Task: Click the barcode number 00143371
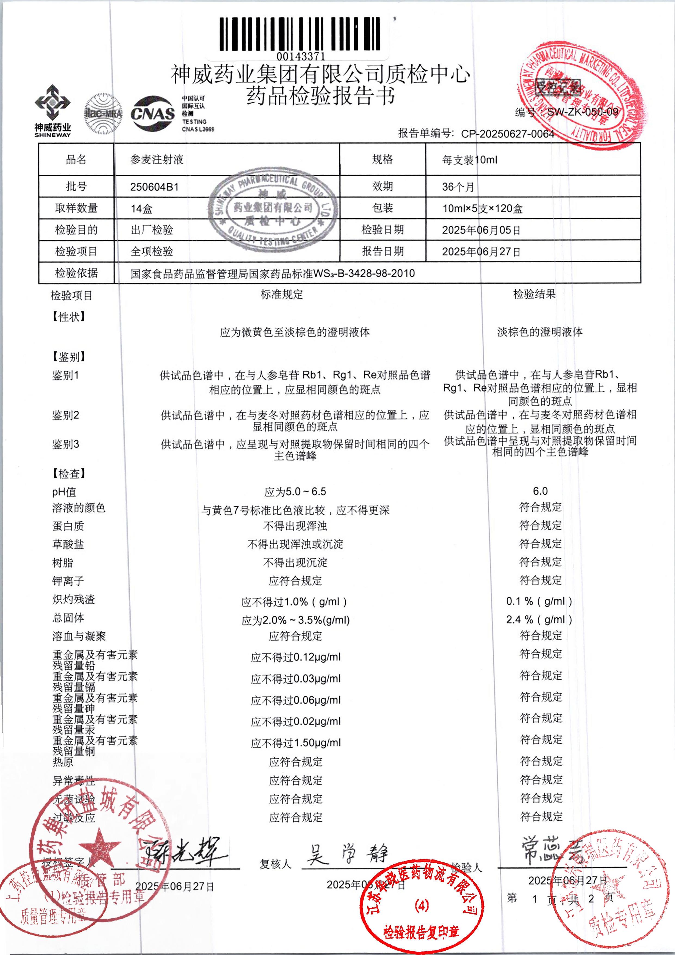tap(301, 56)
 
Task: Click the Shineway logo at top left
tap(53, 111)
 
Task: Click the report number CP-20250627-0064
tap(507, 134)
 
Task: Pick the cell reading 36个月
tap(458, 187)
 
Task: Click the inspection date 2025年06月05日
tap(481, 230)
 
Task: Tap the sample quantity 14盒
tap(141, 208)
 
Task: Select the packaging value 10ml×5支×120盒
tap(482, 208)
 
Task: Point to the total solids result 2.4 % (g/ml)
tap(539, 619)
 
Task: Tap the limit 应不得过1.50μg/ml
tap(296, 743)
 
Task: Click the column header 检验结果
tap(534, 294)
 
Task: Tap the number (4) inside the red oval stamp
tap(421, 905)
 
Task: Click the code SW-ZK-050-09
tap(582, 112)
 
